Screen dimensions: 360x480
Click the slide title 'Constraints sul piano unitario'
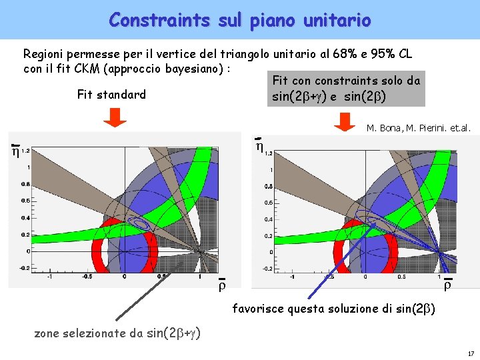pyautogui.click(x=239, y=20)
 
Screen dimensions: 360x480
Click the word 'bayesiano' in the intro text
pyautogui.click(x=197, y=69)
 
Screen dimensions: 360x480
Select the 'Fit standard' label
pyautogui.click(x=111, y=95)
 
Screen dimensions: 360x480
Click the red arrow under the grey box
pyautogui.click(x=345, y=122)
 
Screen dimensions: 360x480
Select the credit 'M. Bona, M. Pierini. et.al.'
pyautogui.click(x=419, y=129)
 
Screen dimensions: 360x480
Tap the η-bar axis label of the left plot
pyautogui.click(x=15, y=150)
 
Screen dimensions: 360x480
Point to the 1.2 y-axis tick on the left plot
pyautogui.click(x=25, y=151)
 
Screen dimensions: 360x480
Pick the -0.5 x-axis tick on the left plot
pyautogui.click(x=87, y=277)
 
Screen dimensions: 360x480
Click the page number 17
pyautogui.click(x=470, y=353)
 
